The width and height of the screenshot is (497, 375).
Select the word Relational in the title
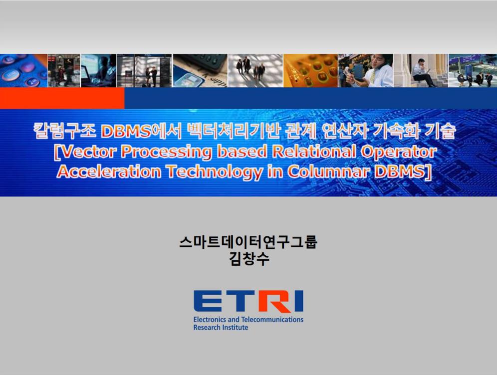314,152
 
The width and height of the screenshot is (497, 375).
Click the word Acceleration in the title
109,172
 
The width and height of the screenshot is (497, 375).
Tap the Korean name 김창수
249,258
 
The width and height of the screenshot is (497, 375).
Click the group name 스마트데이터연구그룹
248,242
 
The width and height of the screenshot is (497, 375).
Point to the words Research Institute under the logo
221,328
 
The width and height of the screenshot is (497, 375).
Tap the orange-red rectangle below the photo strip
62,98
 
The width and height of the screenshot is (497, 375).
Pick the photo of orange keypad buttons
310,71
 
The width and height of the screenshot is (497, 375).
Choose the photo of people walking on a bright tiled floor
255,71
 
